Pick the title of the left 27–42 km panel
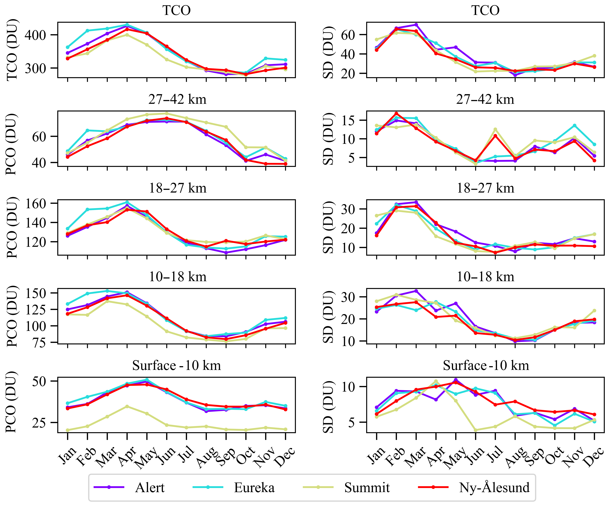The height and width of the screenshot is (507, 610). (x=177, y=99)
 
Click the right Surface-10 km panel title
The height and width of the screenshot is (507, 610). (x=486, y=365)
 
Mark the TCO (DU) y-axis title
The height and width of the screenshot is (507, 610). (x=12, y=50)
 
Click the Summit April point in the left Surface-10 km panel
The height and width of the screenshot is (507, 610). (x=127, y=406)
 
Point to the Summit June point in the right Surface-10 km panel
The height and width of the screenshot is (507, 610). (x=476, y=430)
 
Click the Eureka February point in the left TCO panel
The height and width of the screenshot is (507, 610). (x=87, y=30)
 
